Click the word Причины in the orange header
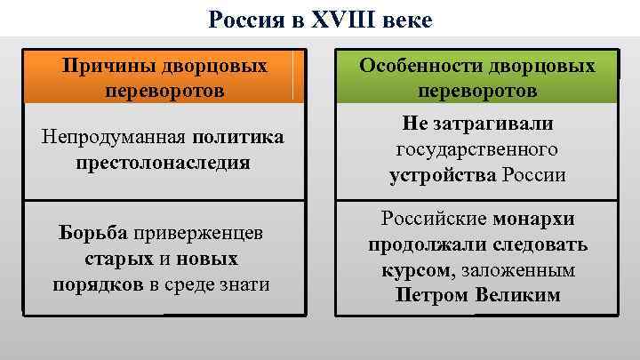[x=107, y=66]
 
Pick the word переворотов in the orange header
[x=164, y=91]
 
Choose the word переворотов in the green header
[x=476, y=92]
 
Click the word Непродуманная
[x=107, y=138]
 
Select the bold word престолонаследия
[x=163, y=163]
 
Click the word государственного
[x=476, y=149]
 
